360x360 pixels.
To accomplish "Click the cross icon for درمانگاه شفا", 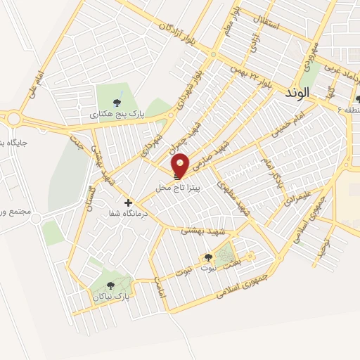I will [128, 202].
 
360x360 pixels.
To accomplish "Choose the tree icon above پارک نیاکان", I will [110, 285].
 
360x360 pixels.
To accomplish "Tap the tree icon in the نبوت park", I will [207, 257].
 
